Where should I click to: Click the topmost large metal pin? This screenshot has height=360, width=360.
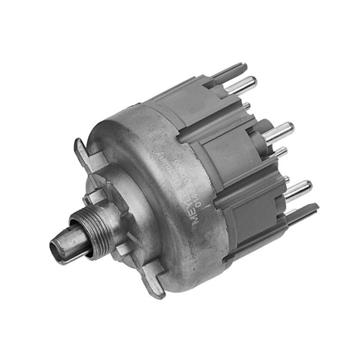(240, 86)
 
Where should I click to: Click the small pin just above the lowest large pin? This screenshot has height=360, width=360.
(286, 179)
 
